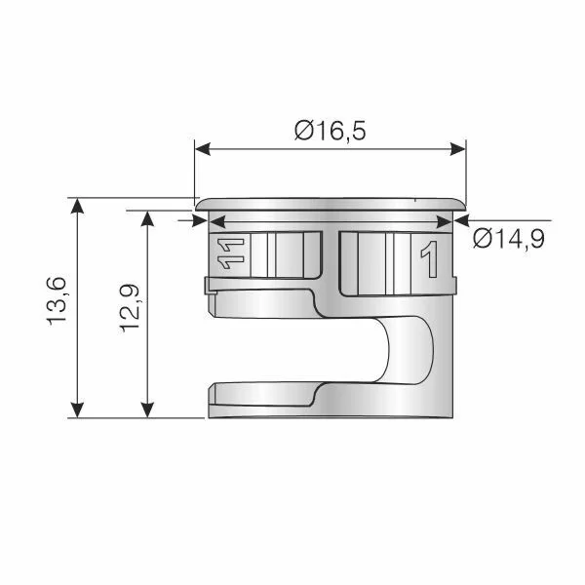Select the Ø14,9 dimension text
[x=508, y=239]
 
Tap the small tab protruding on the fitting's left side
[x=210, y=284]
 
